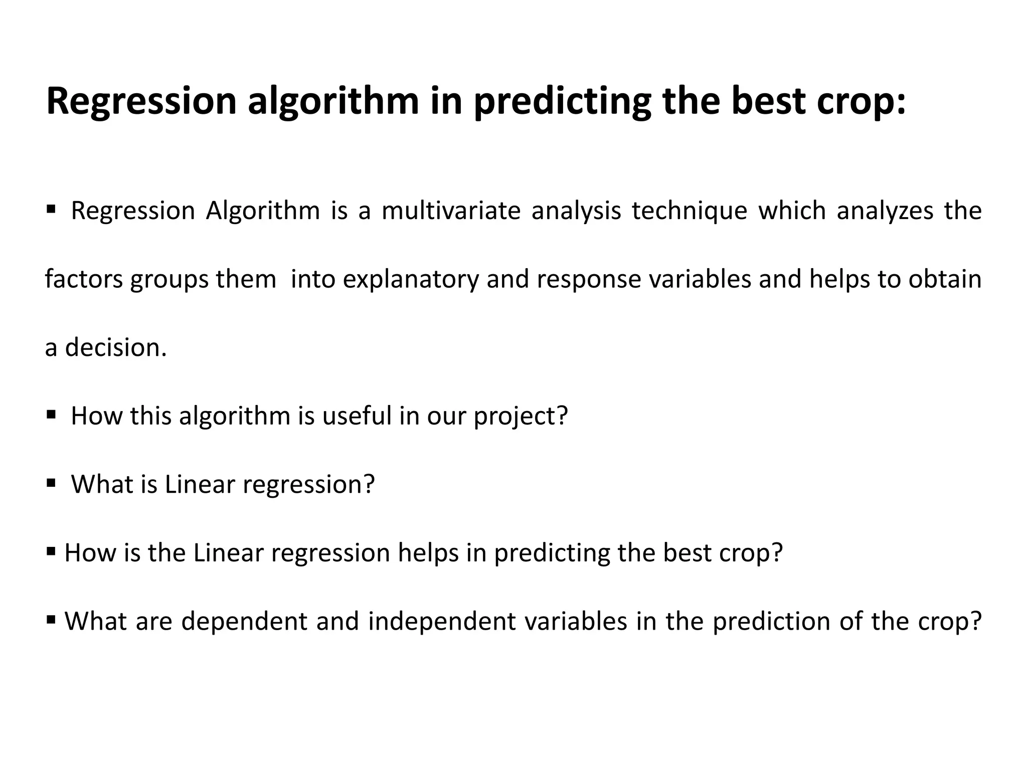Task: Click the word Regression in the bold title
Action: click(x=141, y=102)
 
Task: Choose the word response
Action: click(x=589, y=279)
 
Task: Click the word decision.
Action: click(x=116, y=347)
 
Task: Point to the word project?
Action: click(x=521, y=416)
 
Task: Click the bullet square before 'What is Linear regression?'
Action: click(x=51, y=483)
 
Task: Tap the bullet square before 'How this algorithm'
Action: click(x=51, y=415)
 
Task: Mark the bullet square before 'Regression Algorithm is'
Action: click(x=51, y=209)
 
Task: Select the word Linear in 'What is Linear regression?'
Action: click(x=200, y=484)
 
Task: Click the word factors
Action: click(x=84, y=279)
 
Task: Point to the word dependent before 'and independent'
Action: click(x=244, y=622)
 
